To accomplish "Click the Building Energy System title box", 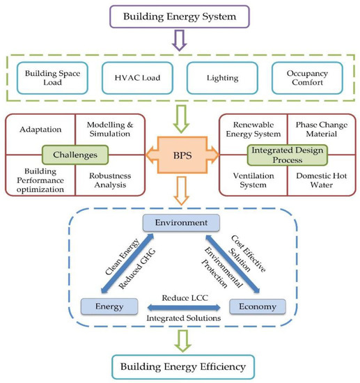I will click(180, 15).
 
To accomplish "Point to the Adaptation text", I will click(35, 129).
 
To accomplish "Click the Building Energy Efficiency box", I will click(180, 366).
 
